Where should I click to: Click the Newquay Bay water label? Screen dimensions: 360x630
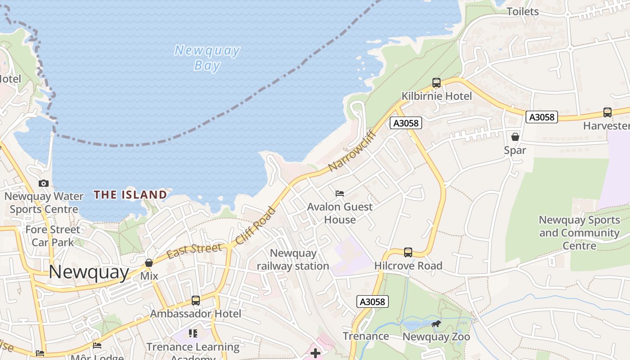tap(207, 58)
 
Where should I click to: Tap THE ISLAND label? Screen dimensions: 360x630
tap(130, 195)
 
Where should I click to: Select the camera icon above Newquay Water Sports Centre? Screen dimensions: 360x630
tap(44, 183)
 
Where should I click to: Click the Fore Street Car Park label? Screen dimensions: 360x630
tap(53, 236)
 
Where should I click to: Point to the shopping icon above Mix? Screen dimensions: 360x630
tap(149, 263)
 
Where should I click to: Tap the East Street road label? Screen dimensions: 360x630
tap(194, 251)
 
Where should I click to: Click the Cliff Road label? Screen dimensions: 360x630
tap(255, 225)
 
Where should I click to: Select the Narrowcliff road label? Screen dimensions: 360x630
tap(352, 151)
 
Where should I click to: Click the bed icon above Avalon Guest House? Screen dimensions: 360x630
tap(340, 193)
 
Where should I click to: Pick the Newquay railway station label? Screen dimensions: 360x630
tap(293, 260)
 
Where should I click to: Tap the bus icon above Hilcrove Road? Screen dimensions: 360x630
tap(408, 252)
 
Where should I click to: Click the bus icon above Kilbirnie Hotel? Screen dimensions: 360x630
tap(436, 83)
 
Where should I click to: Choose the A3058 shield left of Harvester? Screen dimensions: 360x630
tap(542, 117)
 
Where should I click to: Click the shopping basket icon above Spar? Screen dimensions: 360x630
tap(515, 137)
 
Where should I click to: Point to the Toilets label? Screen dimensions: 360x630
tap(522, 12)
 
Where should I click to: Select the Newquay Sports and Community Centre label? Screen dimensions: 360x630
tap(580, 233)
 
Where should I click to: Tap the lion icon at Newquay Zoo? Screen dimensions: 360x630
tap(436, 324)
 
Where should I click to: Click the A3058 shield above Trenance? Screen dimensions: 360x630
tap(373, 301)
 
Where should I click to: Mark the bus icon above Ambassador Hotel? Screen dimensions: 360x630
tap(196, 300)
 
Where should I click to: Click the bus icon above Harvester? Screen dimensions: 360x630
tap(607, 112)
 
